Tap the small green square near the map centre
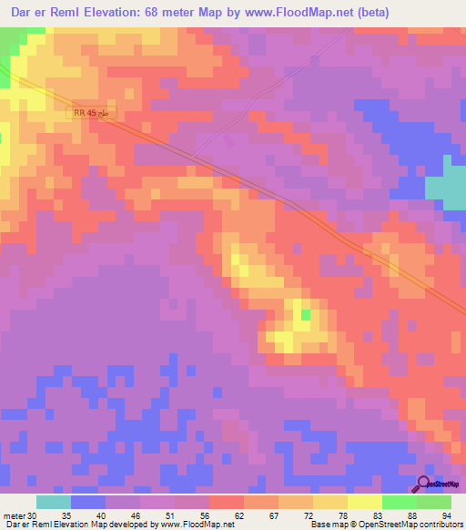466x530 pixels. tap(306, 315)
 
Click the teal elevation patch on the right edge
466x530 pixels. tap(446, 187)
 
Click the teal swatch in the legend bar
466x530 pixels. tap(54, 502)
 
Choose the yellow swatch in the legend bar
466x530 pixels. tap(365, 502)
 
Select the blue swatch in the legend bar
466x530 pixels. tap(88, 502)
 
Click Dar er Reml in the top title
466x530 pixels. tap(37, 13)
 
